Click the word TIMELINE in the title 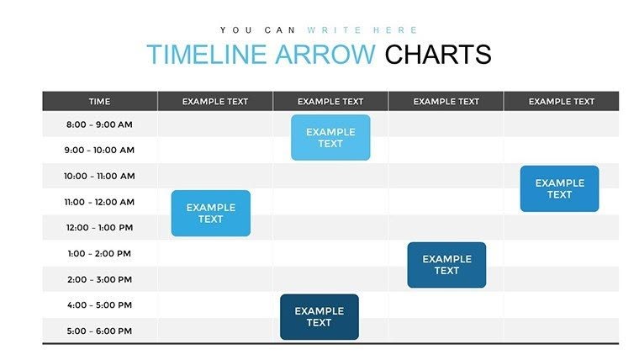(206, 55)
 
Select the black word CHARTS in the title (437, 55)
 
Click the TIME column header (99, 102)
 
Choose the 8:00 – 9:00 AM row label (99, 124)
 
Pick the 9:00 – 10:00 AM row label (99, 151)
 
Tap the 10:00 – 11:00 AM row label (99, 177)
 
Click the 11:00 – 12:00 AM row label (99, 202)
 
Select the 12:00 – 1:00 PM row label (99, 228)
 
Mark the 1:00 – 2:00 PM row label (99, 253)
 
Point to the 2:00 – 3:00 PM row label (99, 279)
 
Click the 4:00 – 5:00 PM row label (99, 305)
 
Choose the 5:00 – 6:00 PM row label (99, 331)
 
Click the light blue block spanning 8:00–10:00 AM (330, 138)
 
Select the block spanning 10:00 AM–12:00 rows (559, 188)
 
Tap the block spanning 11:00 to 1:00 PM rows (210, 214)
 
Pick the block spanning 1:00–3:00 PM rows (446, 265)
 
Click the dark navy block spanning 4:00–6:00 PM (319, 317)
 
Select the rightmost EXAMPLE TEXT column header (561, 102)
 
